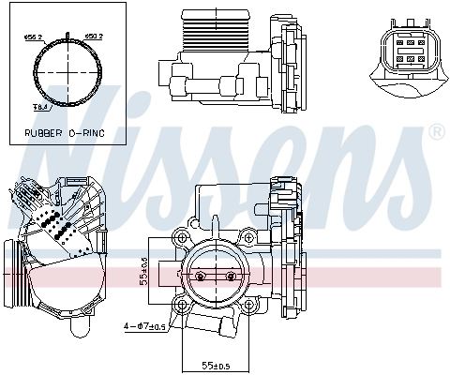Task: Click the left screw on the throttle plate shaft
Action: [200, 277]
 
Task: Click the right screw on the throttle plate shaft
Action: [231, 277]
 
